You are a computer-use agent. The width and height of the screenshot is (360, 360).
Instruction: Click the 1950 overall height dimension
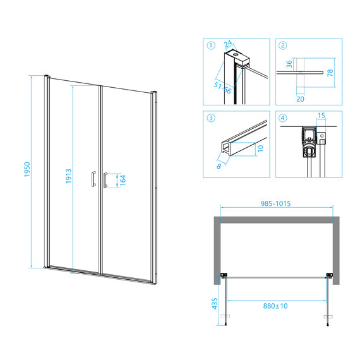tap(27, 169)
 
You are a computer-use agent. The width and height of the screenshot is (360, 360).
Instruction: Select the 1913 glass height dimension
tap(69, 176)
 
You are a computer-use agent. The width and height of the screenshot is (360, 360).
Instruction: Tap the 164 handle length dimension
tap(123, 180)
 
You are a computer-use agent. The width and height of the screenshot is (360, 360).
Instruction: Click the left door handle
tap(93, 179)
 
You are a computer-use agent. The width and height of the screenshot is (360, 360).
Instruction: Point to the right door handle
tap(105, 180)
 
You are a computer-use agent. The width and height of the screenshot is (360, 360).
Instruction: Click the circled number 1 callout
tap(211, 45)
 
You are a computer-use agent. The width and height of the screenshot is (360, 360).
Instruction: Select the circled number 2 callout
tap(282, 45)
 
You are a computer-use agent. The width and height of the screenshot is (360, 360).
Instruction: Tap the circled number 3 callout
tap(211, 118)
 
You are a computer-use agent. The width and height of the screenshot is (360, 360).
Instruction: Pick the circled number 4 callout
tap(282, 118)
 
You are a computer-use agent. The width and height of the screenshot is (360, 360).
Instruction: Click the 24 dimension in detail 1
tap(228, 44)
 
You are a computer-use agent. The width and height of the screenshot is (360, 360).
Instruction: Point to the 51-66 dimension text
tap(222, 88)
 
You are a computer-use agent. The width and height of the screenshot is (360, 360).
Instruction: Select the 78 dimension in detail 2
tap(330, 73)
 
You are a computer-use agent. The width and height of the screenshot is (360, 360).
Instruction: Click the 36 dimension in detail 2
tap(289, 64)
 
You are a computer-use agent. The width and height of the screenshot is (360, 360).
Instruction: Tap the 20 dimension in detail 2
tap(300, 99)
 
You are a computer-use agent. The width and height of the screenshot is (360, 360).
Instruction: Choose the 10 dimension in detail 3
tap(261, 148)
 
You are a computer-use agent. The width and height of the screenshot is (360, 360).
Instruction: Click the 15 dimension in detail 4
tap(321, 115)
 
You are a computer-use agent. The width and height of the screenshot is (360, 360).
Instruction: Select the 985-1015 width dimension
tap(275, 203)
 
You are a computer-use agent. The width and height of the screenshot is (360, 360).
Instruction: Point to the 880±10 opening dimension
tap(275, 306)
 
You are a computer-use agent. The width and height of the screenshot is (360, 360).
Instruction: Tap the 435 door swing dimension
tap(215, 304)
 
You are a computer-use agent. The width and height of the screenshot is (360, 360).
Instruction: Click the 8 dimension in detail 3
tap(219, 166)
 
